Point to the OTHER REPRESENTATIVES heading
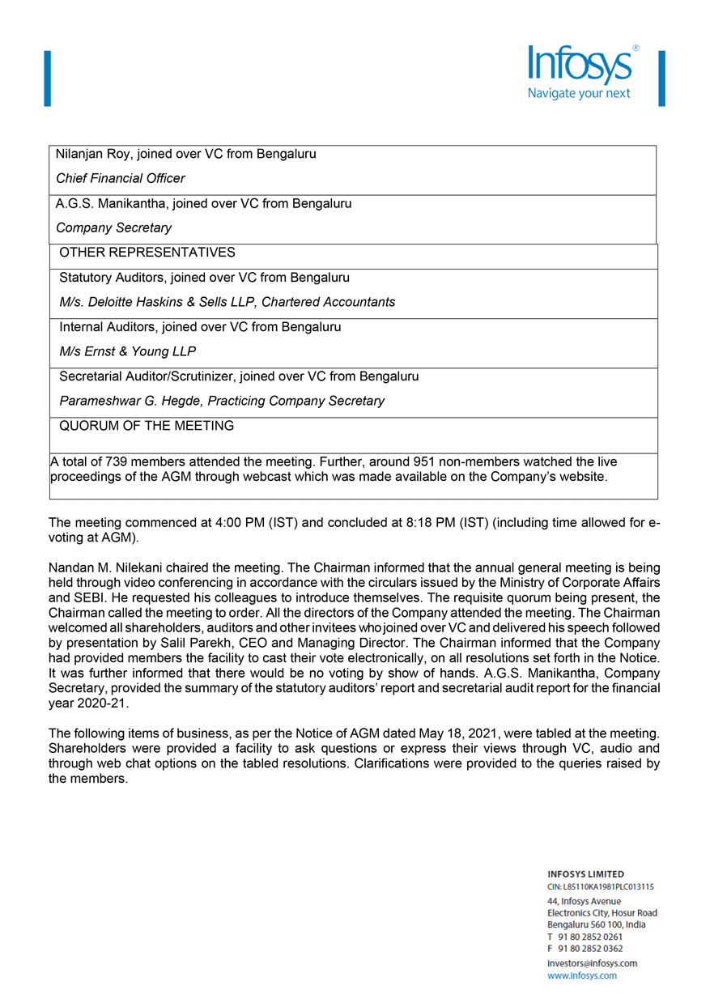coord(147,253)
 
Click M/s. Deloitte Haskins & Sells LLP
coord(157,302)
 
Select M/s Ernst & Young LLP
coord(127,351)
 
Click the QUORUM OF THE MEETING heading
coord(147,426)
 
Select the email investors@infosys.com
coord(592,963)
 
